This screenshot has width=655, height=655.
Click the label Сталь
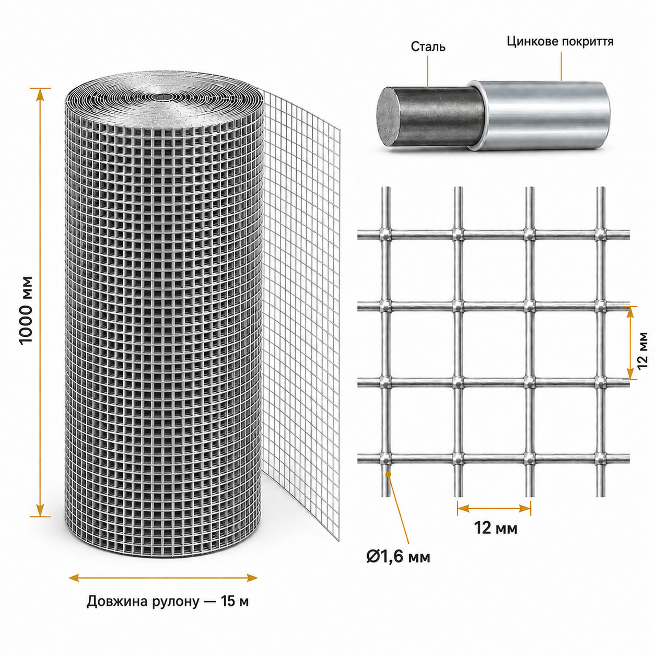click(428, 46)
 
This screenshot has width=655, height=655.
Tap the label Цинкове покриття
click(560, 42)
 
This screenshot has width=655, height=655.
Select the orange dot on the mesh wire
click(389, 473)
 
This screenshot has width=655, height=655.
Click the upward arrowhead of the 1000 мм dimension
click(40, 95)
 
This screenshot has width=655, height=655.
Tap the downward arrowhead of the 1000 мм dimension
click(40, 509)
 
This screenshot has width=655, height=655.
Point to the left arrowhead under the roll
click(74, 578)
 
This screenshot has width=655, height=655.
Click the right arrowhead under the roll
click(252, 578)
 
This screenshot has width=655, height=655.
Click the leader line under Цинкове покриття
click(561, 66)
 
